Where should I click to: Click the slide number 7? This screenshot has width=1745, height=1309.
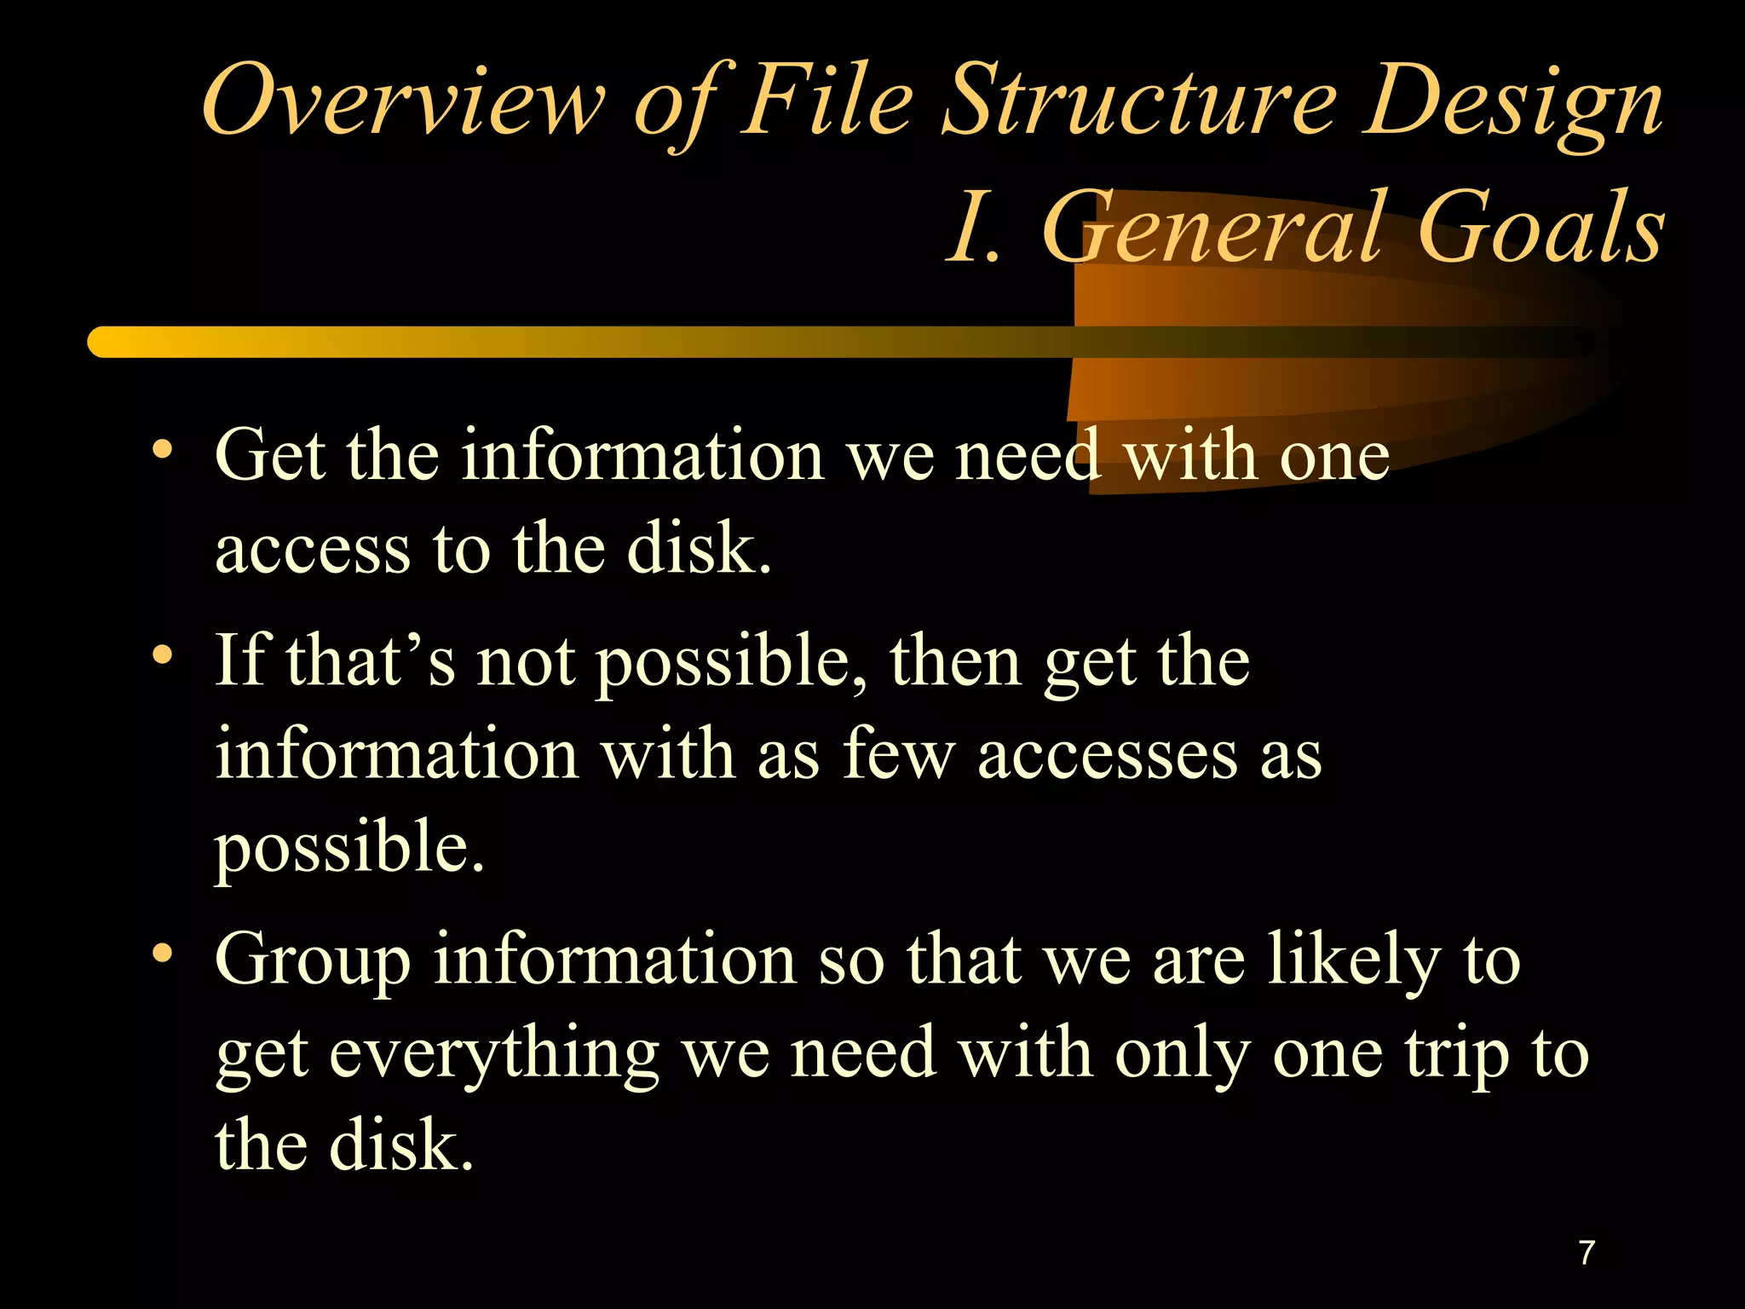point(1587,1253)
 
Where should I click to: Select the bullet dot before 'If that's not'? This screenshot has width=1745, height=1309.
point(162,655)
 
